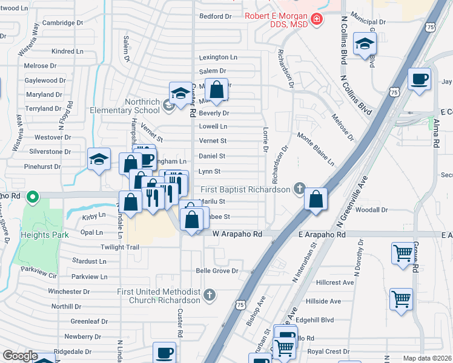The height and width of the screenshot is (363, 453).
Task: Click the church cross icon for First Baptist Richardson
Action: coord(299,189)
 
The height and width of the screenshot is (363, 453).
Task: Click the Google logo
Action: coord(20,356)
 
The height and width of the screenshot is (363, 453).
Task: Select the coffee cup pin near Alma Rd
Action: coord(419,79)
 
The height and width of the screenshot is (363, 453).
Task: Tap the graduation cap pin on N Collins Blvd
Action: coord(365,44)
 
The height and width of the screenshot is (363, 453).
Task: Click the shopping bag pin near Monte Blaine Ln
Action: coord(316,199)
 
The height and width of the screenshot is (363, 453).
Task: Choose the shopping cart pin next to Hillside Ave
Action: coord(401,299)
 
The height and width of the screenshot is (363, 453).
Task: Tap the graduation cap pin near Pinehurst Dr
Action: coord(99,160)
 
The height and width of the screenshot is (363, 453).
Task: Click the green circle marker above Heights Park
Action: coord(34,196)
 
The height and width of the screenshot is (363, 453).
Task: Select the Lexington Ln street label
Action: coord(219,57)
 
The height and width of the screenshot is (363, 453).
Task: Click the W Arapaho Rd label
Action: coord(237,234)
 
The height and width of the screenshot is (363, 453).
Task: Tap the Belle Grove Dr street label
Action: coord(217,271)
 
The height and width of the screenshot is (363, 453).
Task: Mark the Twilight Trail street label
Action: coord(120,247)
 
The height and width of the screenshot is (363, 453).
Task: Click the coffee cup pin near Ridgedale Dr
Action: coord(164,352)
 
